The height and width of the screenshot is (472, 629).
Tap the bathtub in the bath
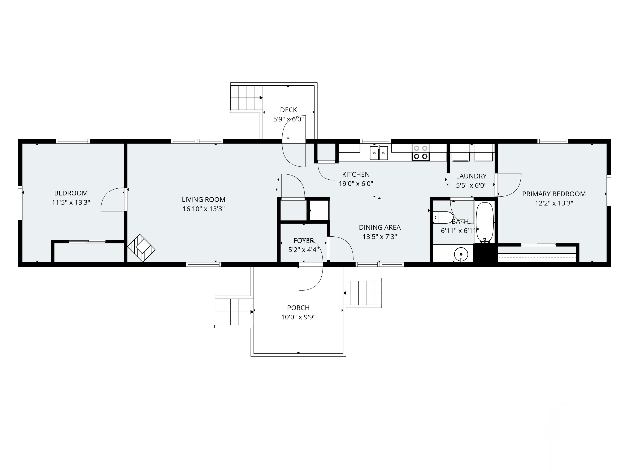click(x=485, y=222)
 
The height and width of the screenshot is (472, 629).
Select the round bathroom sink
click(x=461, y=253)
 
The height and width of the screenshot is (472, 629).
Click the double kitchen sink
click(x=379, y=153)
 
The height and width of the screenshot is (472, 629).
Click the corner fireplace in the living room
click(x=141, y=248)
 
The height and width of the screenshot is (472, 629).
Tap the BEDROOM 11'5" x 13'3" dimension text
click(x=71, y=202)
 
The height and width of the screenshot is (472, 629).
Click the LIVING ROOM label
click(x=204, y=199)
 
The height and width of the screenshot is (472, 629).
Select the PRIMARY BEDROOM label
click(x=554, y=194)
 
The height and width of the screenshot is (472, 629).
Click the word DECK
click(x=288, y=110)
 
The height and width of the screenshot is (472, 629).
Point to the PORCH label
click(x=298, y=308)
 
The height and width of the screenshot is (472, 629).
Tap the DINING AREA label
click(x=380, y=227)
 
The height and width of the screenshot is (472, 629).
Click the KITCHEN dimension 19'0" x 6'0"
click(x=356, y=184)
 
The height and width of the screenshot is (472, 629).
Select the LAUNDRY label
click(x=471, y=176)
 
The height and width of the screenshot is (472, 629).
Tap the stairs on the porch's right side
click(x=363, y=293)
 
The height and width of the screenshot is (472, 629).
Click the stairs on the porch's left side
click(x=234, y=312)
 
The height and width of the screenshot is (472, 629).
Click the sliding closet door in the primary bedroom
click(x=538, y=245)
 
